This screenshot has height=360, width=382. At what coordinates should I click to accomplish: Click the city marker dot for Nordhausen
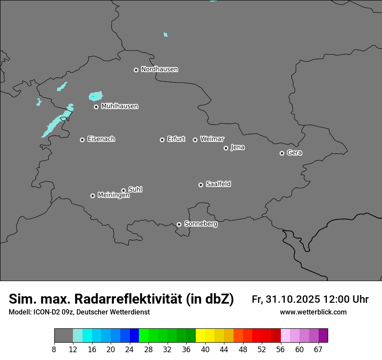coord(136,70)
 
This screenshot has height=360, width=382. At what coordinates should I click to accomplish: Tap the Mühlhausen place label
coord(119,106)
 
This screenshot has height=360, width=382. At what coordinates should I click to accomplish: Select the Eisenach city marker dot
coord(82,140)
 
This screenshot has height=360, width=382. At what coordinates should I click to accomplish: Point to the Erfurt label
coord(176,139)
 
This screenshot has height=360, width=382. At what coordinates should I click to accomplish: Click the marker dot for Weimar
coord(195,140)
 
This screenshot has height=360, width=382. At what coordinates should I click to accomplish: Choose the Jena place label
coord(237,147)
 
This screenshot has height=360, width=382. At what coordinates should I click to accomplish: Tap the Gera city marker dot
coord(282,153)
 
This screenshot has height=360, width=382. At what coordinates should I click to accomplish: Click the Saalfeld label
coord(218,184)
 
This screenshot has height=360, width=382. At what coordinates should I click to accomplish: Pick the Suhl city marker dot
coord(123,190)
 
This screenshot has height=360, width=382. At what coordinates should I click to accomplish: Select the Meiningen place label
coord(113,196)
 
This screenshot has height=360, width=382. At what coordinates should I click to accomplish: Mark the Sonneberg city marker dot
coord(179,224)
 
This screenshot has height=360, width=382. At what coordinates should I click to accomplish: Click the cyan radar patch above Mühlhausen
coord(95,96)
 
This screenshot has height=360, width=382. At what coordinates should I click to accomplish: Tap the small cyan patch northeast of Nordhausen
coord(165,35)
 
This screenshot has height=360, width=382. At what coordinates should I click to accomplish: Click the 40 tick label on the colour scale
coord(205,349)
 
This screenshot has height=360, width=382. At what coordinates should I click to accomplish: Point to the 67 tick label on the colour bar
coord(318,349)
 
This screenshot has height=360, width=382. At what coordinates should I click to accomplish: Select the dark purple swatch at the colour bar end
coord(323,335)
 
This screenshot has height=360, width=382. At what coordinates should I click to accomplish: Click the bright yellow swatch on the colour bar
coord(200,335)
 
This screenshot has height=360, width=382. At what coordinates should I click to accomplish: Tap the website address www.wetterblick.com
coord(313,312)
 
